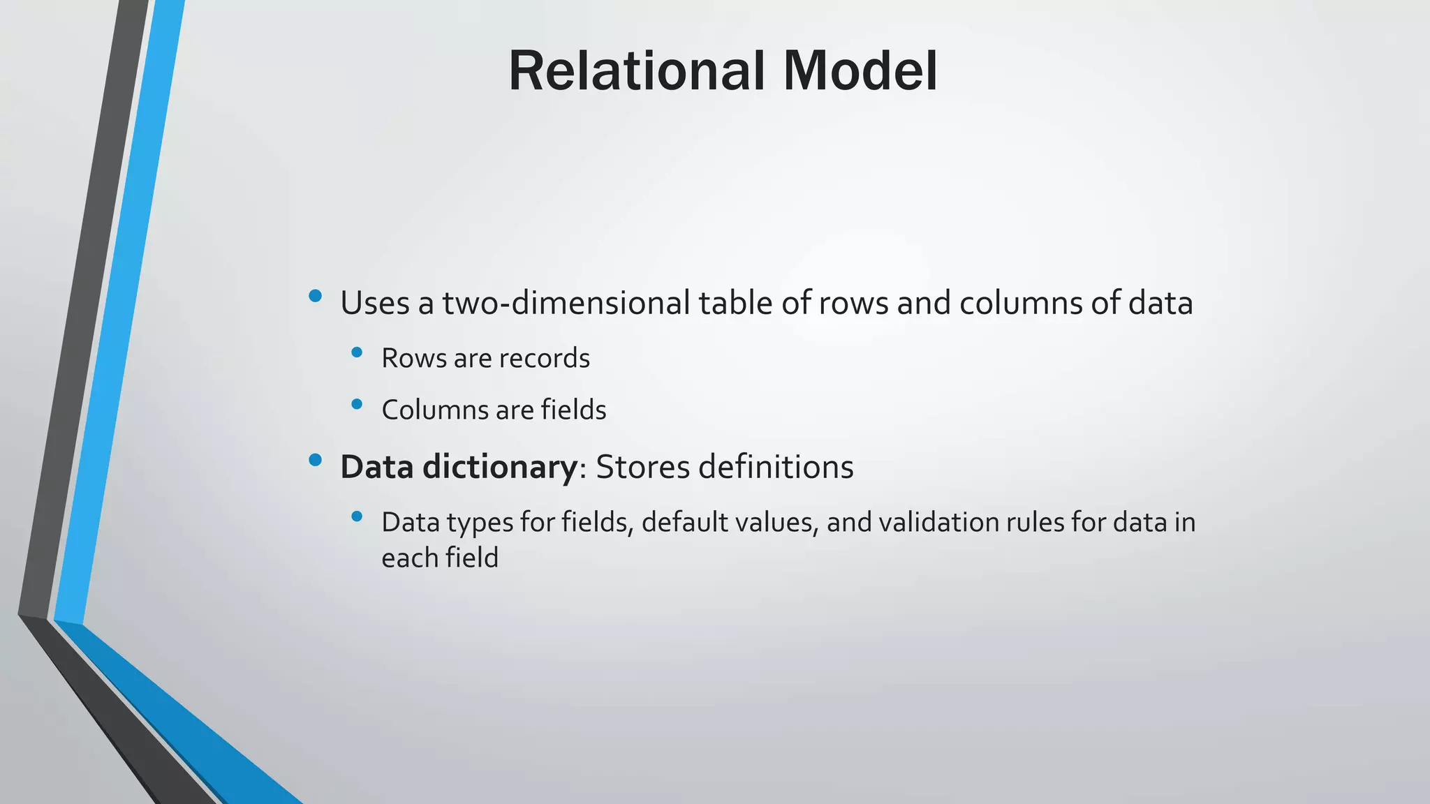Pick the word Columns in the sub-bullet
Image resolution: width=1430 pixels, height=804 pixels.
[x=434, y=410]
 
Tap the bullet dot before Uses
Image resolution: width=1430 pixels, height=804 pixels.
[x=315, y=296]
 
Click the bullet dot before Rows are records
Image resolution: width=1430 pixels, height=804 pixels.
[x=357, y=352]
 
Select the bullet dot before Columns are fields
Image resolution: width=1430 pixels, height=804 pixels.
[x=357, y=403]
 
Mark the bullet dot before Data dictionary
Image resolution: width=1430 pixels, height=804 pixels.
[x=315, y=460]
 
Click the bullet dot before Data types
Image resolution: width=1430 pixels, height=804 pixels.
[x=357, y=516]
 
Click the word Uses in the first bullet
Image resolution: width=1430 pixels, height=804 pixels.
[x=375, y=303]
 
